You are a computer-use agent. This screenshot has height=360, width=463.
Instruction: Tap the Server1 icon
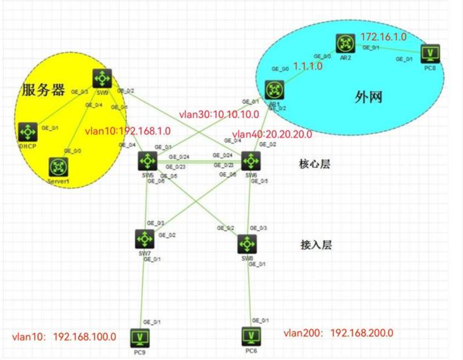pos(59,167)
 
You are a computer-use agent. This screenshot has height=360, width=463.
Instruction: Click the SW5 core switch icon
pos(146,161)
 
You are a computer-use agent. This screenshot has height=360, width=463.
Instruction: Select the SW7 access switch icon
pos(144,238)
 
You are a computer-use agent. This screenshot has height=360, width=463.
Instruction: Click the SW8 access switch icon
pos(247,244)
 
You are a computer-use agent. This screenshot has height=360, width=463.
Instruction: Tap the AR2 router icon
pos(343,43)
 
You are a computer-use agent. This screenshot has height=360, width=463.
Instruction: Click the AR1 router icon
pos(275,89)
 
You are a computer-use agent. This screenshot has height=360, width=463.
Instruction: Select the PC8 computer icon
pos(430,54)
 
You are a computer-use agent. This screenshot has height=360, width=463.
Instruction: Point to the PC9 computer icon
pos(140,338)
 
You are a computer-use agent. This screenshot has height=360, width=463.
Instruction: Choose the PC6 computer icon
pos(250,337)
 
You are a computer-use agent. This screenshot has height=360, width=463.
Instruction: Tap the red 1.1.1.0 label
pos(308,66)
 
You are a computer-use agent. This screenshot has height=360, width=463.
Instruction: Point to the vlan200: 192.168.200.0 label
pos(339,333)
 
